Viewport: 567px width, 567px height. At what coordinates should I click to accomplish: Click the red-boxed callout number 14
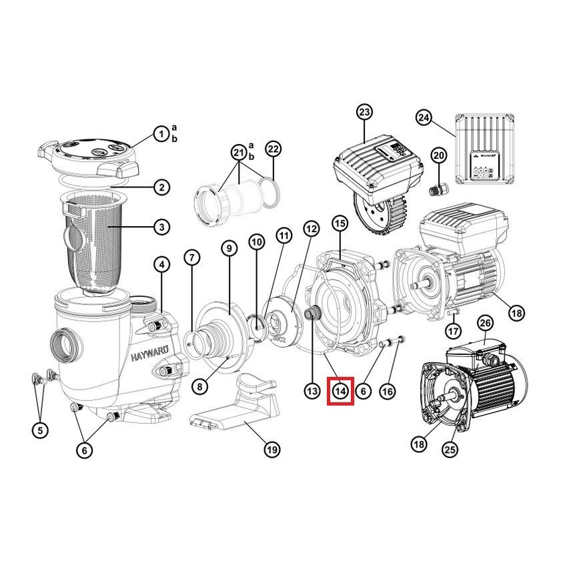[x=341, y=391]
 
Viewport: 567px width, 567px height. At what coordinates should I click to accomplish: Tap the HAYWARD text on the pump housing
[x=149, y=354]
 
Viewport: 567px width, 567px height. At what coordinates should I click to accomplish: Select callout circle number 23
[x=364, y=112]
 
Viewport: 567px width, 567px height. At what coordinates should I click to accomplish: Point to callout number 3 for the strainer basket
[x=161, y=227]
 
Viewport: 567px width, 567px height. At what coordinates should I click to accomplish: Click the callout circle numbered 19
[x=272, y=450]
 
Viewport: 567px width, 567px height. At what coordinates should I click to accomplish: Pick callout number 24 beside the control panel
[x=424, y=117]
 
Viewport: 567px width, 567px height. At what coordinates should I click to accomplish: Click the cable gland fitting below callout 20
[x=438, y=189]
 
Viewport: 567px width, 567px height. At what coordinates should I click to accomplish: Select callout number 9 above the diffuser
[x=229, y=248]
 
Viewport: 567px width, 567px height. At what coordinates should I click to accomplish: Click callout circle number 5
[x=40, y=430]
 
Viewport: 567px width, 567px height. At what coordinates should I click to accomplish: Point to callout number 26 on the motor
[x=485, y=323]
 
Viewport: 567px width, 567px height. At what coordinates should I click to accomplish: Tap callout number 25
[x=450, y=450]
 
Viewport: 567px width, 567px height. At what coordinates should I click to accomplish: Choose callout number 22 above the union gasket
[x=273, y=149]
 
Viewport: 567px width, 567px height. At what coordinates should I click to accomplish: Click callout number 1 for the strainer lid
[x=161, y=134]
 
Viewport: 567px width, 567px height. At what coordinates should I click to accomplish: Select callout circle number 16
[x=388, y=391]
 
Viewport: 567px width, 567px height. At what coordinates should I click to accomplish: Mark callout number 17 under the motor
[x=454, y=330]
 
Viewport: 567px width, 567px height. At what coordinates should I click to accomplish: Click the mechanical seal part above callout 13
[x=312, y=312]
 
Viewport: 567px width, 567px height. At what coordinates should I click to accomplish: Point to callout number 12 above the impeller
[x=312, y=229]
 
